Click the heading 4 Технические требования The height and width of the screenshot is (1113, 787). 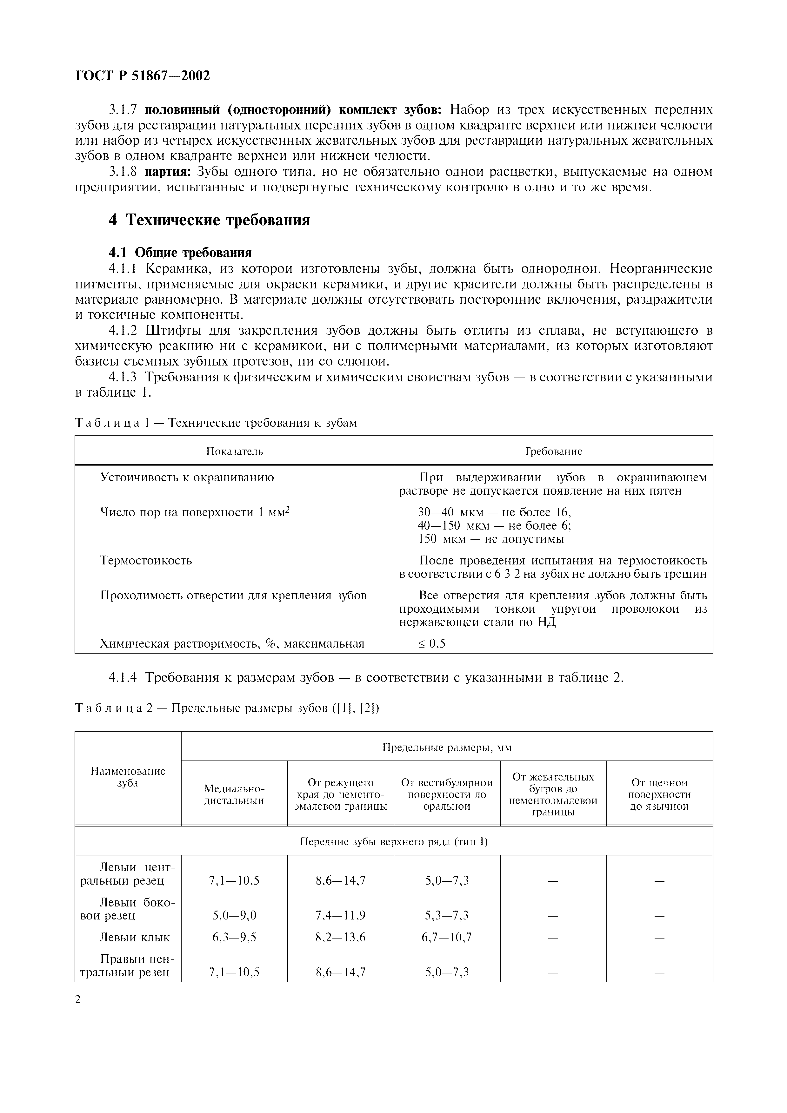pos(209,220)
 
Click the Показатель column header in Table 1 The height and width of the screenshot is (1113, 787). pos(235,451)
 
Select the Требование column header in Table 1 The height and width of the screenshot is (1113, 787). pos(553,451)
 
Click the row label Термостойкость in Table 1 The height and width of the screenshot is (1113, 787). pos(146,560)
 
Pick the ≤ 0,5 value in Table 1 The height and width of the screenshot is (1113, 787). pos(431,644)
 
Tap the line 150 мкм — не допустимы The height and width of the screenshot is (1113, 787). pos(491,539)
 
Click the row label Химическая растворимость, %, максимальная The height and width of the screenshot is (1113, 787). pos(232,644)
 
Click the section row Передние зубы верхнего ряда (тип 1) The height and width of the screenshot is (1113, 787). pos(394,842)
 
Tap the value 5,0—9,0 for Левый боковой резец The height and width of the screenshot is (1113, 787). pos(234,915)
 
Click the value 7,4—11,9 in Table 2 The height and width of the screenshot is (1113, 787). pos(340,915)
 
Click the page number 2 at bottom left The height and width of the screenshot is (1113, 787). pos(78,999)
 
